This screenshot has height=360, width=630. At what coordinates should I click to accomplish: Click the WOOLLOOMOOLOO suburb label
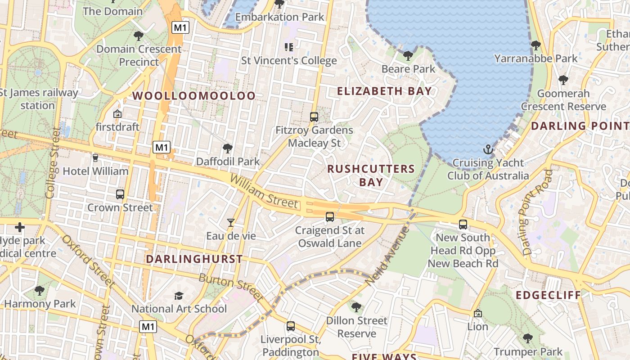pos(194,95)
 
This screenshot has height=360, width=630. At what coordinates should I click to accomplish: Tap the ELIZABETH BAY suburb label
pos(384,91)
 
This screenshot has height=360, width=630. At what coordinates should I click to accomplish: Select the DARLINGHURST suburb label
pos(194,259)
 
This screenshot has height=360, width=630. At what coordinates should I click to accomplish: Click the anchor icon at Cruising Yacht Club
pos(488,149)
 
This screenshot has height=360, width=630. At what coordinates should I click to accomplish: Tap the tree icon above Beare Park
pos(408,56)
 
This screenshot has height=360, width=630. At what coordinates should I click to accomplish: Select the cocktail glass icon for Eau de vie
pos(231,222)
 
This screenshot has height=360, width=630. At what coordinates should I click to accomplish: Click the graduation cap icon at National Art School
pos(179,296)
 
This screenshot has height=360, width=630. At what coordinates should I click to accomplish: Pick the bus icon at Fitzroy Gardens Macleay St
pos(314,117)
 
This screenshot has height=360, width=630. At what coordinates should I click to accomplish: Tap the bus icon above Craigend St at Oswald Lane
pos(330,217)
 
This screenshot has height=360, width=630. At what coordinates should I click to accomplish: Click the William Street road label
pos(264,192)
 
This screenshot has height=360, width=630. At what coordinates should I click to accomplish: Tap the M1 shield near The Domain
pos(180,27)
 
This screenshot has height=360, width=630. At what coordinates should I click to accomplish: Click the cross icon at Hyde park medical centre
pos(20,227)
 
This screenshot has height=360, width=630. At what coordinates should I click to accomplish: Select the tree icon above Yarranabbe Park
pos(535,45)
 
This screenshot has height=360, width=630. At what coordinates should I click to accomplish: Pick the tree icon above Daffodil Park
pos(228,148)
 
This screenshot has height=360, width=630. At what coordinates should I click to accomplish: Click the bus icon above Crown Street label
pos(120,194)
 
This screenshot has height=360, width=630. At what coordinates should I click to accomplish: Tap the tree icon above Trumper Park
pos(528,338)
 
